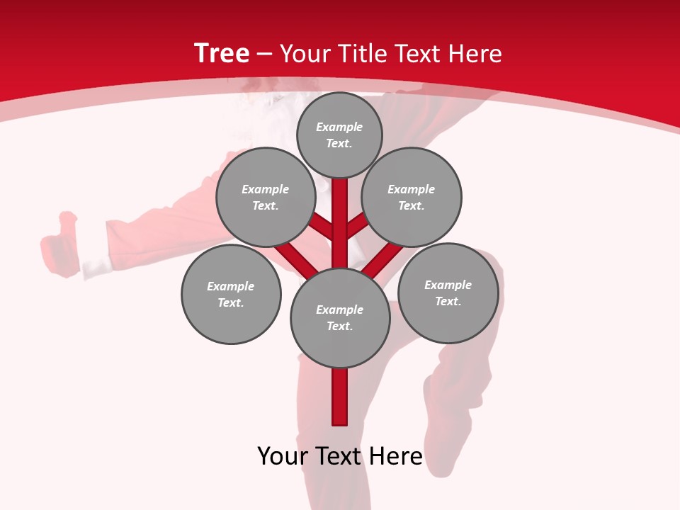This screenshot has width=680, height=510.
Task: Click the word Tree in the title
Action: pyautogui.click(x=222, y=53)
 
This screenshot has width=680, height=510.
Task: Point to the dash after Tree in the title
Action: pyautogui.click(x=263, y=54)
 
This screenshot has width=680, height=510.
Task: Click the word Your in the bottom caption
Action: pyautogui.click(x=284, y=456)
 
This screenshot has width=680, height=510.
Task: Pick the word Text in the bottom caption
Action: pyautogui.click(x=340, y=456)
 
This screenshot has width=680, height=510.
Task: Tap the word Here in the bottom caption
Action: pyautogui.click(x=395, y=456)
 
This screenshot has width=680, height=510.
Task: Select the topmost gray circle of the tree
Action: pyautogui.click(x=339, y=135)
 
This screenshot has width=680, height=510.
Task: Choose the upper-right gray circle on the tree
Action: pyautogui.click(x=412, y=197)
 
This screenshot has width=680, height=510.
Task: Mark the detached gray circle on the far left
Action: pyautogui.click(x=231, y=294)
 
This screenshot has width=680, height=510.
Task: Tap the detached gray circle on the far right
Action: pyautogui.click(x=448, y=293)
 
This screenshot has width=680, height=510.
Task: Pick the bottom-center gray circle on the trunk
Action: pyautogui.click(x=340, y=318)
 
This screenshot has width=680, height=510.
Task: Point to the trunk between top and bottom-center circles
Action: pyautogui.click(x=340, y=227)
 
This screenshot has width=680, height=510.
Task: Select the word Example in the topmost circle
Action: pyautogui.click(x=339, y=127)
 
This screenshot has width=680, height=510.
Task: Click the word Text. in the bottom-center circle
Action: pyautogui.click(x=339, y=327)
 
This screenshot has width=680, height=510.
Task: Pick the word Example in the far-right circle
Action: pyautogui.click(x=448, y=285)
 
